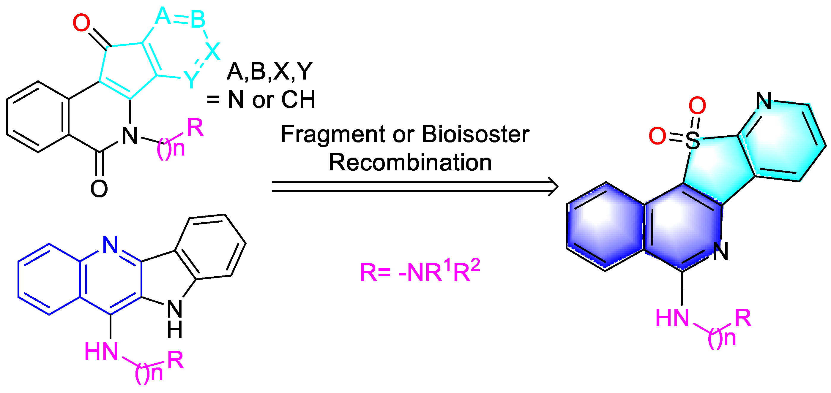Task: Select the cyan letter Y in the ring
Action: tap(191, 79)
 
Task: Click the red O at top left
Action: tap(81, 23)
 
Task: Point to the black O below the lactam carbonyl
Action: tap(99, 189)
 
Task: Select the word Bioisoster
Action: tap(475, 134)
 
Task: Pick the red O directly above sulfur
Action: tap(697, 105)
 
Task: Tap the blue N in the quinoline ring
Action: tap(110, 245)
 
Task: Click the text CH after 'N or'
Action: tap(298, 100)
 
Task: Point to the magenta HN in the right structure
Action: tap(672, 318)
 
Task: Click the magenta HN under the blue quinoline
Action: tap(101, 351)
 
